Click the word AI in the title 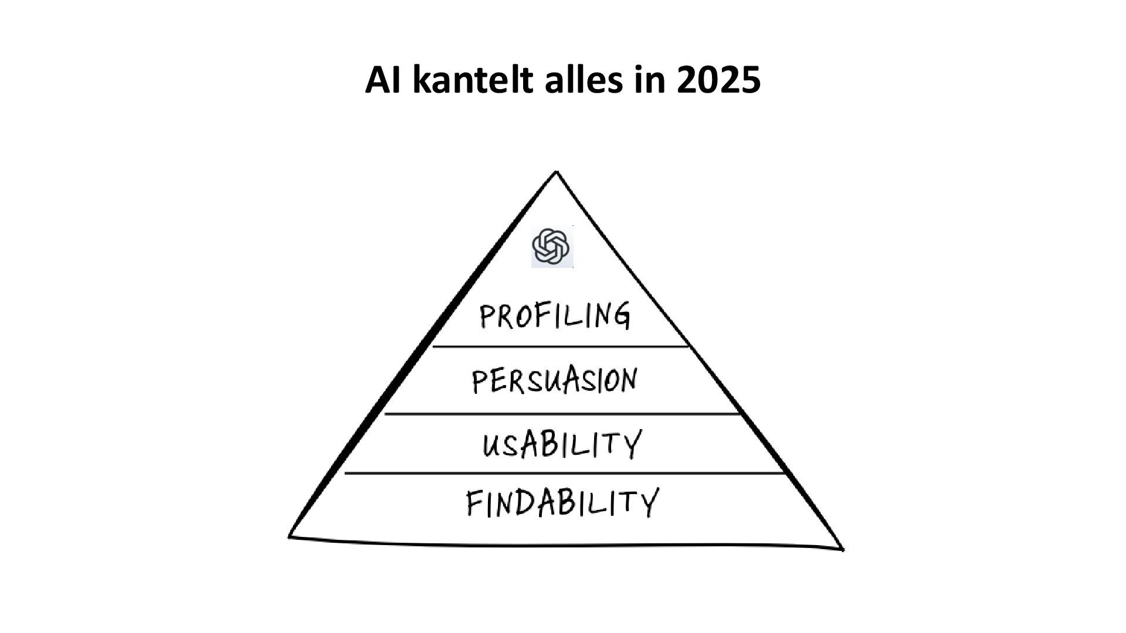tap(384, 80)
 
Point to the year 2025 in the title tap(718, 80)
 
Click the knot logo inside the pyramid tap(552, 247)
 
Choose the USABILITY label tap(562, 444)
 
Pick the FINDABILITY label tap(562, 503)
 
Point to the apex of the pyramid tap(556, 172)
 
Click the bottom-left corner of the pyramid tap(289, 536)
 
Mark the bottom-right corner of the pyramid tap(843, 549)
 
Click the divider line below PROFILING tap(560, 346)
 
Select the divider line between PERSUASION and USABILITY tap(562, 414)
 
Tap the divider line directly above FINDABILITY tap(564, 472)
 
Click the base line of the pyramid tap(566, 545)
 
